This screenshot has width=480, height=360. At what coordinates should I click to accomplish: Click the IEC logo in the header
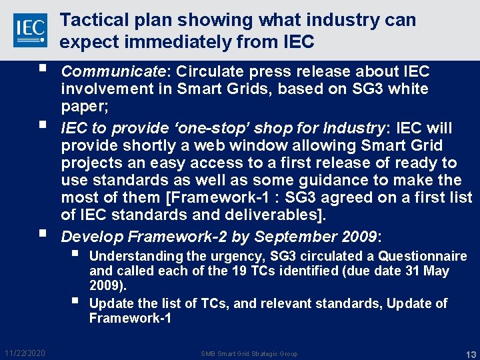(x=30, y=29)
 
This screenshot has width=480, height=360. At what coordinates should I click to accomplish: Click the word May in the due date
(x=436, y=271)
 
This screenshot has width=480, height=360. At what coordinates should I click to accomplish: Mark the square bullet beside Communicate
(x=42, y=70)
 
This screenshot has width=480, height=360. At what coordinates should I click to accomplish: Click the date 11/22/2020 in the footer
(x=25, y=353)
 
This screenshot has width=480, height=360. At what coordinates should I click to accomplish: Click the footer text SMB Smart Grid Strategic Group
(x=249, y=353)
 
